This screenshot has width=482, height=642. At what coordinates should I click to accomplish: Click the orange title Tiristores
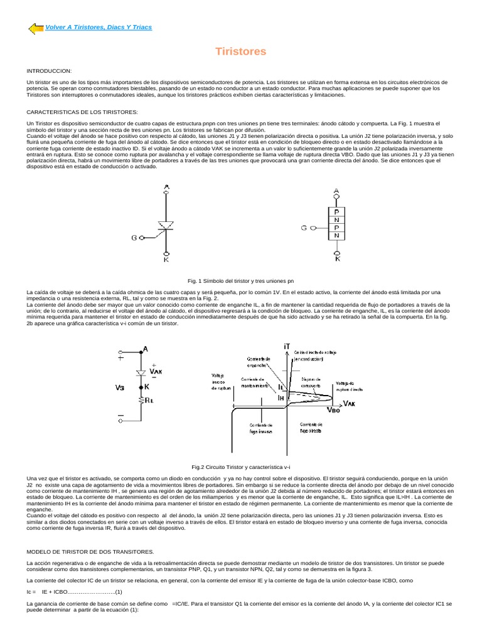241,51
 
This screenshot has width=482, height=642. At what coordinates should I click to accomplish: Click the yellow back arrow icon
36,28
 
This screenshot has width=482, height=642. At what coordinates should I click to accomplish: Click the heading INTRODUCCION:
50,70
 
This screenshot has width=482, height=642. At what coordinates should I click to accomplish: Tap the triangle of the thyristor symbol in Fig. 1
166,224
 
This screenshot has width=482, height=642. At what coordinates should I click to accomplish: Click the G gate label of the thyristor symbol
134,238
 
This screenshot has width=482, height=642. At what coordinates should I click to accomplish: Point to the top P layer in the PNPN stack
336,212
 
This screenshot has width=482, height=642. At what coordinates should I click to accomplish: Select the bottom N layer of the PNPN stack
336,236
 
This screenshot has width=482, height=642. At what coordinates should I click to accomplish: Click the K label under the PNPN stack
337,258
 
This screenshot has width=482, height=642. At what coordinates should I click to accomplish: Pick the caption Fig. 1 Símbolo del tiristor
241,282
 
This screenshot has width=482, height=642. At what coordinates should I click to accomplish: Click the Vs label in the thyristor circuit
119,387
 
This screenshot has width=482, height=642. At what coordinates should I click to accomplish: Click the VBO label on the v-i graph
335,411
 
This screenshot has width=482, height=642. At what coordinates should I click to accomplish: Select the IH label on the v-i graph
282,397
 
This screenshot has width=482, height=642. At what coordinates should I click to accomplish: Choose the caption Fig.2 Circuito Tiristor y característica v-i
241,467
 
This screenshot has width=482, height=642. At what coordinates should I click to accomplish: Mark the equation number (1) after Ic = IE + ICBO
118,591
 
